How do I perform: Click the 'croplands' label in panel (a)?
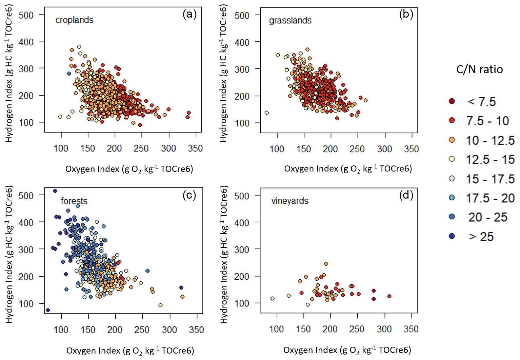[x=74, y=20]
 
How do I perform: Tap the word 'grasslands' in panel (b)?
[x=290, y=21]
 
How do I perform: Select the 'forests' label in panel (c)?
[x=74, y=201]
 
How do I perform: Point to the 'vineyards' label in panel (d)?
[x=290, y=201]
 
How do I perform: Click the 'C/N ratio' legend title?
[x=479, y=69]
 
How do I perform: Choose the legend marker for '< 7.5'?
[x=452, y=101]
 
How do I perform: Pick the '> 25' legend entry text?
[x=481, y=237]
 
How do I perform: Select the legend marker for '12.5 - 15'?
[x=452, y=159]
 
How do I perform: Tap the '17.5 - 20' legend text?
[x=490, y=198]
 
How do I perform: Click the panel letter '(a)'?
[x=189, y=14]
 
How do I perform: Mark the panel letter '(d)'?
[x=406, y=195]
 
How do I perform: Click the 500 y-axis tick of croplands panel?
[x=26, y=15]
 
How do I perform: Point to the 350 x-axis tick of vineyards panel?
[x=411, y=329]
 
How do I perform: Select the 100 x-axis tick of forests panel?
[x=61, y=330]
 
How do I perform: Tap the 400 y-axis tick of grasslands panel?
[x=242, y=43]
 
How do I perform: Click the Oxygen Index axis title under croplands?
[x=129, y=169]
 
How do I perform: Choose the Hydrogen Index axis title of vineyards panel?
[x=224, y=255]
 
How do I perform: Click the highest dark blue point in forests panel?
[x=55, y=191]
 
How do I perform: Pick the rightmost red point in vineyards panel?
[x=389, y=296]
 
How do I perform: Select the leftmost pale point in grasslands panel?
[x=266, y=113]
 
